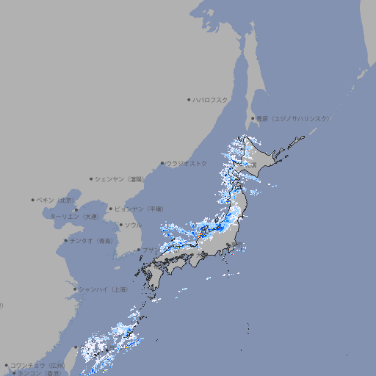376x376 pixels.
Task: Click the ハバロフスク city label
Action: pos(211,99)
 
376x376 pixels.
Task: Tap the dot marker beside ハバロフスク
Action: pos(189,99)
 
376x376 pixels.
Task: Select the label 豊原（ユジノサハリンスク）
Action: pos(293,118)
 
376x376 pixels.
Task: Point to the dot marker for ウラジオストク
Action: pos(162,163)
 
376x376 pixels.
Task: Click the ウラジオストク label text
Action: pos(187,163)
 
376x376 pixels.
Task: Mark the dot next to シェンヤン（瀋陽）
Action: pos(91,178)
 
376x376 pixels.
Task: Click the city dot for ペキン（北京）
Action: pos(33,200)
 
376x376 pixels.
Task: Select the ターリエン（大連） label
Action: pos(74,217)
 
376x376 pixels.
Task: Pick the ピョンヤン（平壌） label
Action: pos(140,209)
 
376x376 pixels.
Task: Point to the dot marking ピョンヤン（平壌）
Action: pos(111,209)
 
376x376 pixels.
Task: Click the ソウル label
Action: pos(133,225)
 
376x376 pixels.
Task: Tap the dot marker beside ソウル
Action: pos(120,225)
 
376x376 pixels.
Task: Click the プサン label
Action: pos(149,250)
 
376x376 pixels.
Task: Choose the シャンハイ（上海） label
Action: pos(103,289)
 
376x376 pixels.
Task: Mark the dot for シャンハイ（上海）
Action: pos(74,289)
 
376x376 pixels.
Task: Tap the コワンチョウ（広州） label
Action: pos(37,365)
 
